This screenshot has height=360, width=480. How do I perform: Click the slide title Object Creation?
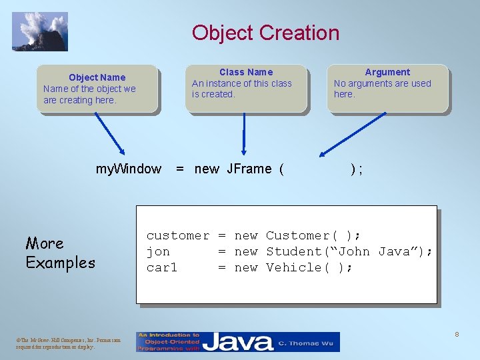[x=265, y=33]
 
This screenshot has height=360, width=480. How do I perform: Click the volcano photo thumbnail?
[x=40, y=31]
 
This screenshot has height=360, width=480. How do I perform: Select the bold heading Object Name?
[x=97, y=77]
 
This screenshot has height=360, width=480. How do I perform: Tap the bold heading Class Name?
[x=246, y=72]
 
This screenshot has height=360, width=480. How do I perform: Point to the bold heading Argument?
[x=387, y=72]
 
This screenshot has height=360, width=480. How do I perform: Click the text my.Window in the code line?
[x=129, y=169]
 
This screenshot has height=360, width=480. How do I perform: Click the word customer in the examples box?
[x=177, y=235]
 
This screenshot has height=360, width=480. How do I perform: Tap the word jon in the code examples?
[x=158, y=251]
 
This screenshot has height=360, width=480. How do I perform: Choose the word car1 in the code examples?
[x=162, y=267]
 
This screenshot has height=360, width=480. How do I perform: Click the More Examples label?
[x=60, y=253]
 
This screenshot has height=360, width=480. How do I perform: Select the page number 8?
[x=457, y=333]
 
